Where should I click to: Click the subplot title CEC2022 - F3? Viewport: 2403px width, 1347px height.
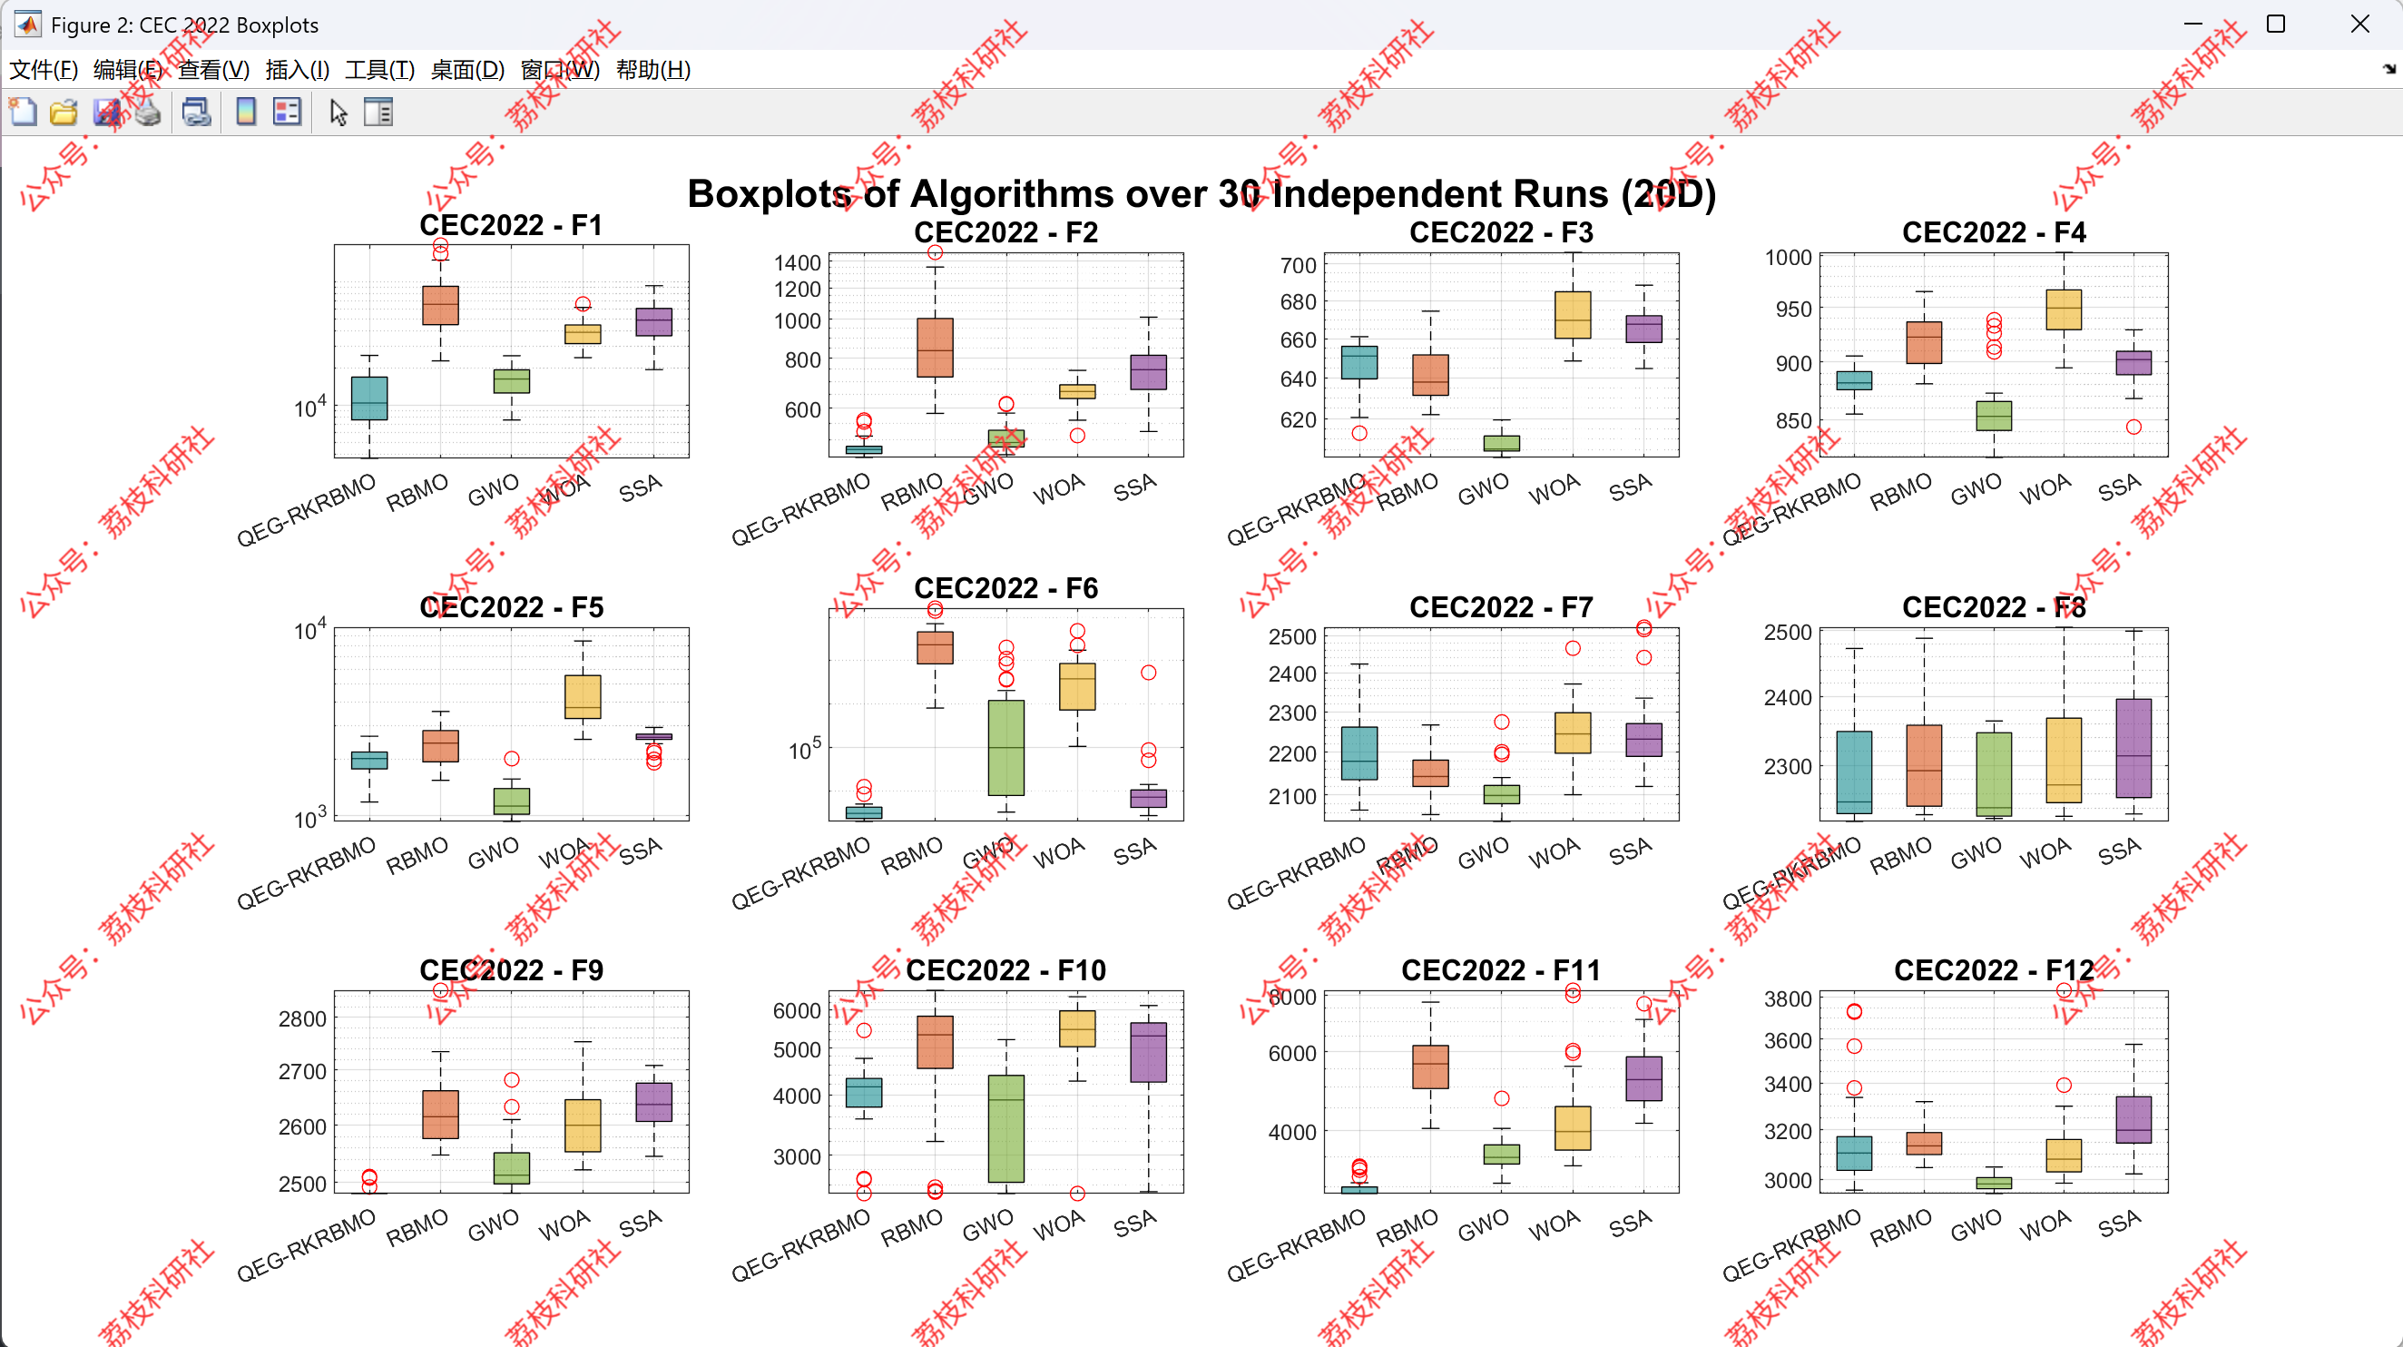pos(1501,232)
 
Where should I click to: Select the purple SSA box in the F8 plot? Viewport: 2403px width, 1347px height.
pos(2133,748)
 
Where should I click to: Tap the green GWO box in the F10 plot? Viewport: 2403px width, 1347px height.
pos(1005,1129)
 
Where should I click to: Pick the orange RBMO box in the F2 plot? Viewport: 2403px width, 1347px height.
pos(935,348)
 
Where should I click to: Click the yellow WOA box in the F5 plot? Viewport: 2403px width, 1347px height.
pos(583,697)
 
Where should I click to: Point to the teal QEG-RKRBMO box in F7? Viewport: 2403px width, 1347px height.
pos(1359,753)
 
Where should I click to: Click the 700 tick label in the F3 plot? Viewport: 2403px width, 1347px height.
pos(1298,266)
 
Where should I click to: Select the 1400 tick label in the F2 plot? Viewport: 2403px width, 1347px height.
pos(798,263)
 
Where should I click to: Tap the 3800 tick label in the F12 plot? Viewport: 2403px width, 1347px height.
pos(1788,999)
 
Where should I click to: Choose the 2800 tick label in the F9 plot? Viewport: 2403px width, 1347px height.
pos(302,1019)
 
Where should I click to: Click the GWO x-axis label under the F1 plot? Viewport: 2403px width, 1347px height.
pos(494,489)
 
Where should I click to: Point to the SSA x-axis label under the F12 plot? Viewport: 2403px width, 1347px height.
pos(2120,1223)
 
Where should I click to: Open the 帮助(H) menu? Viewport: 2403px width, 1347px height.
pos(653,70)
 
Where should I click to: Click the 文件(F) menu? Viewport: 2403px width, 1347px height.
pos(43,70)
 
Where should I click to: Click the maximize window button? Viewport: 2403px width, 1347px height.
pos(2276,25)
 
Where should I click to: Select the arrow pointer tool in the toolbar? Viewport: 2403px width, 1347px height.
pos(338,113)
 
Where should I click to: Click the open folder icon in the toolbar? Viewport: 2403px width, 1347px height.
pos(64,113)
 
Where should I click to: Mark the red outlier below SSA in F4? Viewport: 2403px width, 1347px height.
pos(2133,428)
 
